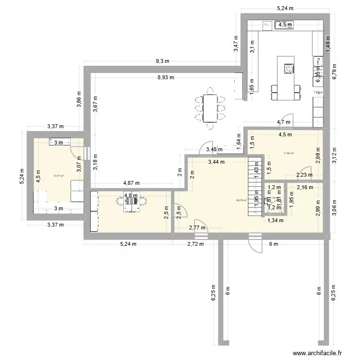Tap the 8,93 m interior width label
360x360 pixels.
tap(164, 76)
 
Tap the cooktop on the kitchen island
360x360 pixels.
tap(288, 69)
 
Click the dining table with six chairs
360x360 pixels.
tap(210, 108)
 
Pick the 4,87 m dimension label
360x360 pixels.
tap(132, 183)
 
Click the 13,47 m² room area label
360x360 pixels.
tap(58, 176)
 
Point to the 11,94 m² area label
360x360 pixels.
tap(288, 153)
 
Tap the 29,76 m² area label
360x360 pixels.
tap(241, 201)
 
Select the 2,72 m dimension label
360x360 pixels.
tap(194, 244)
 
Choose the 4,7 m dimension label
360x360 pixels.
tap(283, 122)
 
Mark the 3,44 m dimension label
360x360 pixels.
tap(216, 162)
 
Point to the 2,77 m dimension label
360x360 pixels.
tap(197, 228)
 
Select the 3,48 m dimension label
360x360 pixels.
tap(214, 150)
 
